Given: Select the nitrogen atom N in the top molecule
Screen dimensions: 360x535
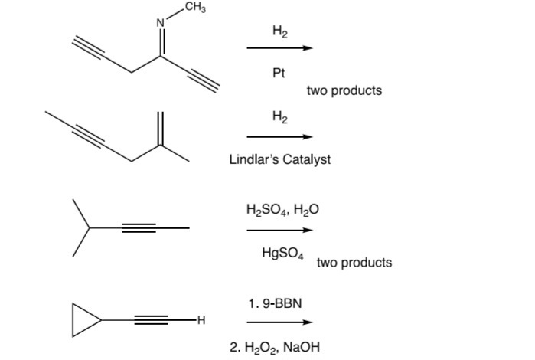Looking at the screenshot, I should pyautogui.click(x=161, y=22).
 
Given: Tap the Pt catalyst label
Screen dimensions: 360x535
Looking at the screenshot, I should pyautogui.click(x=279, y=74).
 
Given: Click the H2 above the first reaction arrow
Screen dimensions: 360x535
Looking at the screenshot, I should pyautogui.click(x=279, y=31).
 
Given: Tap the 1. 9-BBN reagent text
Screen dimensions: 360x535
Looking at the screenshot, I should pyautogui.click(x=276, y=303).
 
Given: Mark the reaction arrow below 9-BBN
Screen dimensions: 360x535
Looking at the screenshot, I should pyautogui.click(x=279, y=322).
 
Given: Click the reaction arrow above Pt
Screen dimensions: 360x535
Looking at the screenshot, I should pyautogui.click(x=279, y=49).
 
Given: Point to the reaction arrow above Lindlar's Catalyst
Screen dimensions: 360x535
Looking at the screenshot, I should pyautogui.click(x=279, y=137).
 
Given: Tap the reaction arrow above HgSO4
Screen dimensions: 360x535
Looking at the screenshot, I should pyautogui.click(x=279, y=230).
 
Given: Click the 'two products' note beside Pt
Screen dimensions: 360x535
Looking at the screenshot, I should pyautogui.click(x=344, y=90).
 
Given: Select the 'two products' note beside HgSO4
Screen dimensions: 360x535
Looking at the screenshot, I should pyautogui.click(x=354, y=263).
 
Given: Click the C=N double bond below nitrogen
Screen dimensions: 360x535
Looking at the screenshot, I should pyautogui.click(x=161, y=42).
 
